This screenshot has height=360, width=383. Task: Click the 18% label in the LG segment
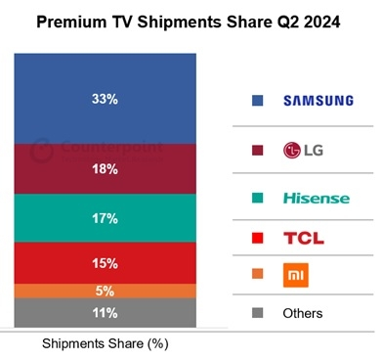106,169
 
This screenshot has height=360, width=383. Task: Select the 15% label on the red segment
106,262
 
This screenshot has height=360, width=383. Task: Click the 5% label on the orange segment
106,291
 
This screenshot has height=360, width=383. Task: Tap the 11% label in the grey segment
106,313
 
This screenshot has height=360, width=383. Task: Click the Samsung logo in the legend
315,100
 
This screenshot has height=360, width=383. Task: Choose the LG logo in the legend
302,150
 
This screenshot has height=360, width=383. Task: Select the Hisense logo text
316,198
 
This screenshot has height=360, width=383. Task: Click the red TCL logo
303,238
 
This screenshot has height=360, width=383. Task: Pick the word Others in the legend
301,314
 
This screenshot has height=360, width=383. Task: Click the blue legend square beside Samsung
256,100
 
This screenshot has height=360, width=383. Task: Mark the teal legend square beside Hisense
256,198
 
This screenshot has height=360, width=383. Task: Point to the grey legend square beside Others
256,314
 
